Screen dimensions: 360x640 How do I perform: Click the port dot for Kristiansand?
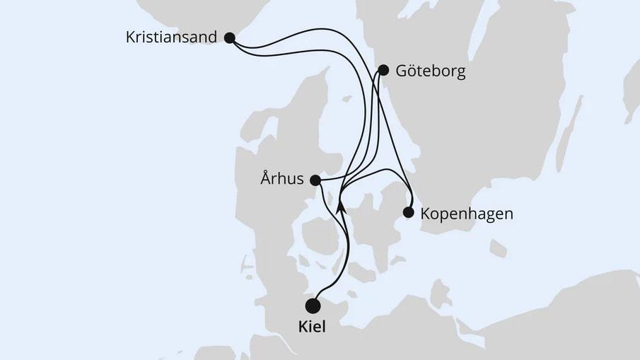tap(229, 38)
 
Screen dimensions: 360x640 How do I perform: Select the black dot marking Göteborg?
tap(383, 69)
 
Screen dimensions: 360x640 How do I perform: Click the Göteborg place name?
tap(431, 71)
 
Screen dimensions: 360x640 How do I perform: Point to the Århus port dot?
tap(315, 180)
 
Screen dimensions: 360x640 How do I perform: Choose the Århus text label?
tap(283, 180)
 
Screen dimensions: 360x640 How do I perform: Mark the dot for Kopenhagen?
tap(408, 211)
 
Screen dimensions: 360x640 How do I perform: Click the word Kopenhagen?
tap(467, 213)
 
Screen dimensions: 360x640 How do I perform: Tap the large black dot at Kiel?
tap(312, 306)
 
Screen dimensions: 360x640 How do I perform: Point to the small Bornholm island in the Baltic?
tap(498, 248)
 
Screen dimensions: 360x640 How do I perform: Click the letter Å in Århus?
tap(266, 180)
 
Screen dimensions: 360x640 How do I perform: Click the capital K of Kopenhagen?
tap(425, 213)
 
